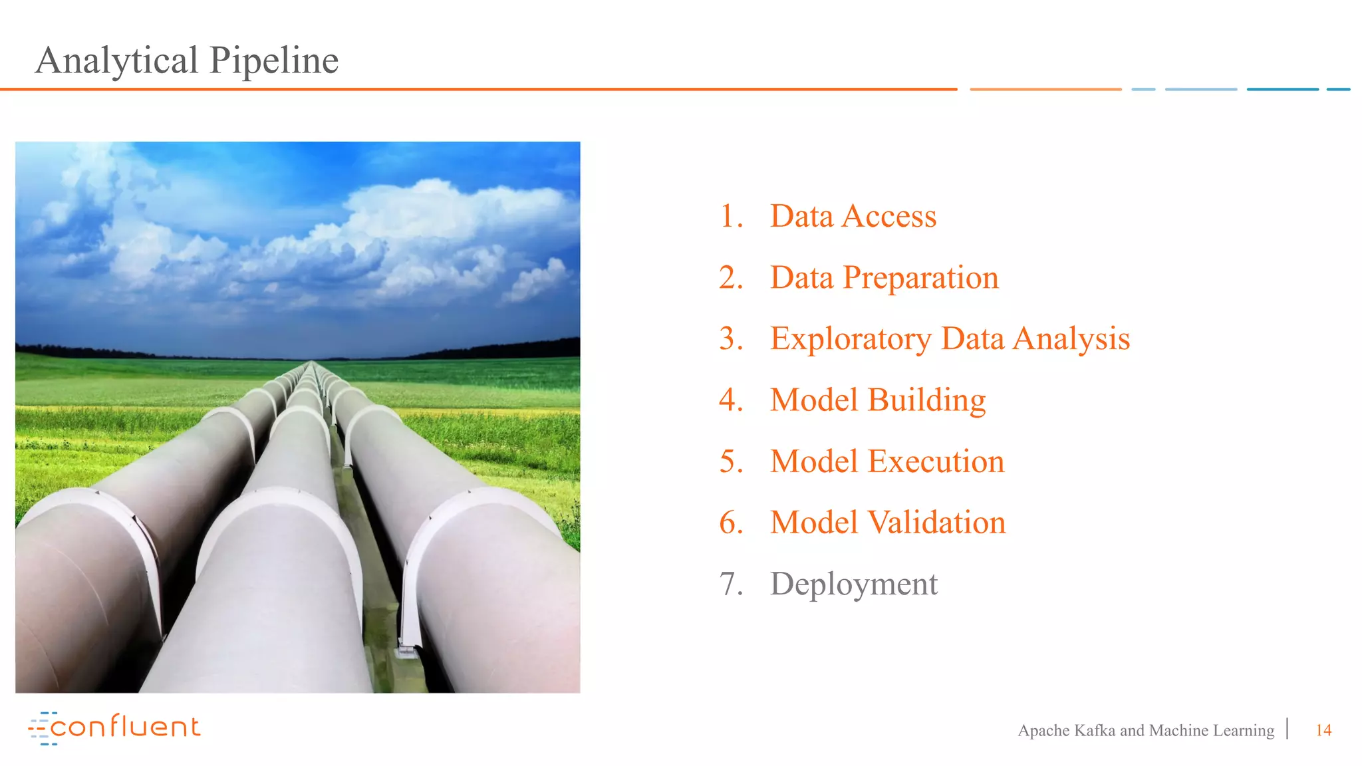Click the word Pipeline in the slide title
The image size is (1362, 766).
point(274,61)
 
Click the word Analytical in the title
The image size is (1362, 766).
point(117,61)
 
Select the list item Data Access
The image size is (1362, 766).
point(853,216)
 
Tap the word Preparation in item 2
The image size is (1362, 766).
point(920,278)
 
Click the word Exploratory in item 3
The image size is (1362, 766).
point(851,339)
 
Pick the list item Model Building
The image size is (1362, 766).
point(877,400)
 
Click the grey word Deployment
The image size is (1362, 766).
point(853,584)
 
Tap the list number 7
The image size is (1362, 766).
point(730,584)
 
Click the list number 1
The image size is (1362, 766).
point(730,216)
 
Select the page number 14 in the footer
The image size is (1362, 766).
point(1323,730)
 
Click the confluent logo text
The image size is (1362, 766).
point(125,727)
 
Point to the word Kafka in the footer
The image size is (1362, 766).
point(1094,730)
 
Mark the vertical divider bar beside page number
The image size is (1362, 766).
point(1288,729)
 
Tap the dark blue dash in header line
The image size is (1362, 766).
point(1282,89)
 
